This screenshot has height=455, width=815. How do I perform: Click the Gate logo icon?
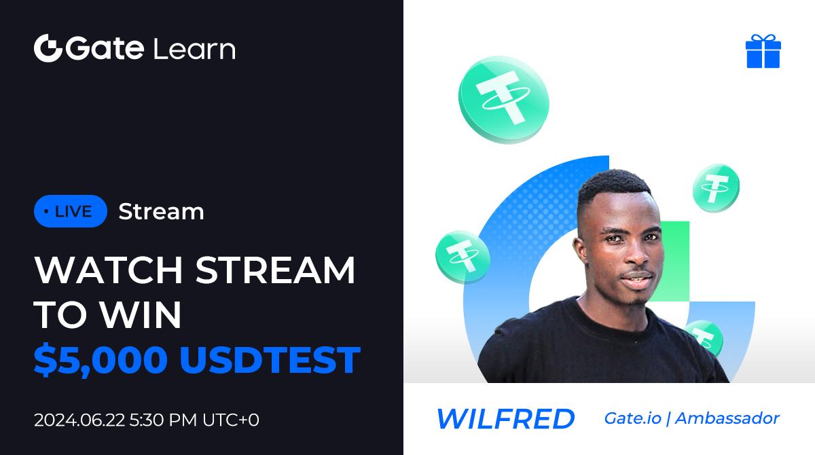click(x=48, y=48)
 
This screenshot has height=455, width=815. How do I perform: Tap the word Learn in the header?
click(x=195, y=49)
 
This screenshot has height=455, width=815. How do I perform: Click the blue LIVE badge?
click(x=70, y=211)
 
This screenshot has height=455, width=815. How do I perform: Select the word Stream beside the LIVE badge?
click(x=161, y=211)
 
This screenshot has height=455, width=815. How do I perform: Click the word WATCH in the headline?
click(x=109, y=270)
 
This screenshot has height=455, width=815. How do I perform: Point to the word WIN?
click(x=141, y=314)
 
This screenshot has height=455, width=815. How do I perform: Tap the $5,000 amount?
click(x=101, y=360)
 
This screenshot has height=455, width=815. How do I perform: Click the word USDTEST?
click(x=270, y=360)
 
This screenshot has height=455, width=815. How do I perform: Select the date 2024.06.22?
click(x=79, y=420)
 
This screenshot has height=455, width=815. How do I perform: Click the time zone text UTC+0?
click(x=231, y=420)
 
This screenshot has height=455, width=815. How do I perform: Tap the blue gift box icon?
click(x=763, y=51)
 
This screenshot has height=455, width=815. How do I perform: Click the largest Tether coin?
click(x=503, y=99)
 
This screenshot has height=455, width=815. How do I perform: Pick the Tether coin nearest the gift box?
click(x=716, y=187)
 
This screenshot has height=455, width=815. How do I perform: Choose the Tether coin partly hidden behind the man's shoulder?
click(x=705, y=338)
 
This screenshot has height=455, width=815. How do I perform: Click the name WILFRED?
click(x=505, y=418)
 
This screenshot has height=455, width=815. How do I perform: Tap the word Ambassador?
click(x=727, y=418)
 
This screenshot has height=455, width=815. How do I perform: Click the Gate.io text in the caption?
click(x=632, y=418)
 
